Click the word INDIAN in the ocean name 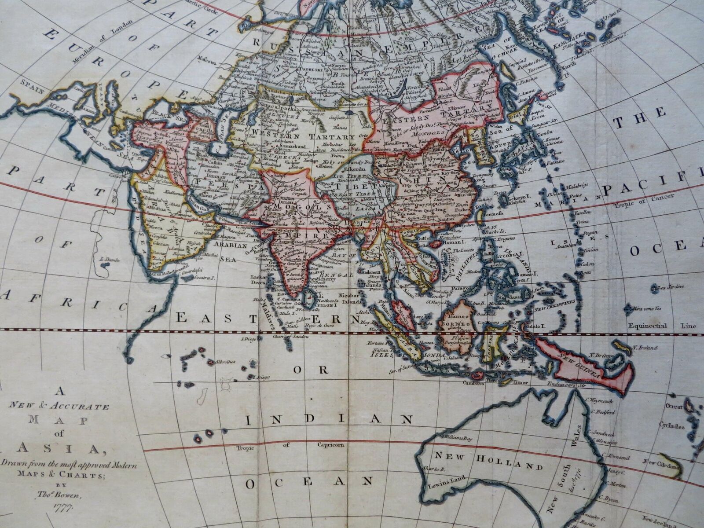coord(329,419)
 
